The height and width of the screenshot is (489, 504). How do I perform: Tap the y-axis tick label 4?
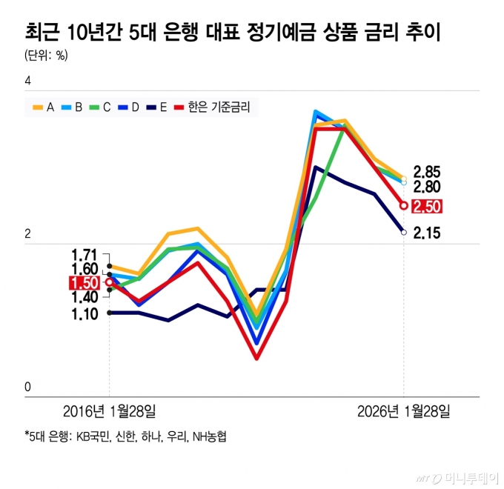click(x=29, y=80)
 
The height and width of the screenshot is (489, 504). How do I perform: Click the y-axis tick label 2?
click(x=29, y=234)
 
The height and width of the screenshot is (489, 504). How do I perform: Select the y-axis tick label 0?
click(x=29, y=387)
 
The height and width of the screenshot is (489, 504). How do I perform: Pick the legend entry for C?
click(x=99, y=107)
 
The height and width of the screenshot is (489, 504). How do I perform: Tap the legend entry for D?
click(x=127, y=107)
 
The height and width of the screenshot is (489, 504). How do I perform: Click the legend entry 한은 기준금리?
click(x=211, y=107)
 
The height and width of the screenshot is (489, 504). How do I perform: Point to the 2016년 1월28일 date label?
click(x=110, y=410)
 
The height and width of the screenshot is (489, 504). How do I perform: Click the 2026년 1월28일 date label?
click(x=403, y=410)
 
